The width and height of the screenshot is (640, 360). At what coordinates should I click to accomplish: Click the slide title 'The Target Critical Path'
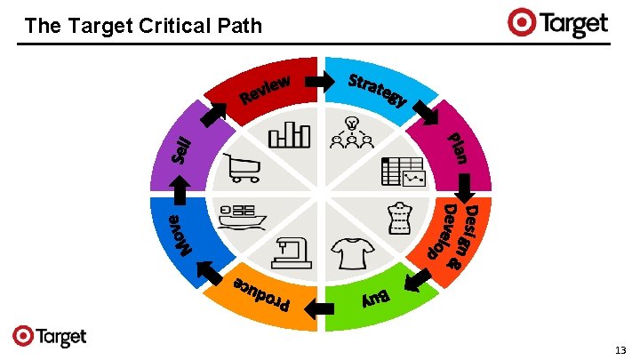[144, 26]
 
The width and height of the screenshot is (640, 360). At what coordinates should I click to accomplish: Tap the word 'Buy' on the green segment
[376, 296]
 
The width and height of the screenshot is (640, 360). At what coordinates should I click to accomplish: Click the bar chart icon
[290, 133]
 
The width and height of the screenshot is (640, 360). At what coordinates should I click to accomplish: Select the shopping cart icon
[244, 167]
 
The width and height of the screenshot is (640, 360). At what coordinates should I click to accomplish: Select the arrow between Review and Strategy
[316, 82]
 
